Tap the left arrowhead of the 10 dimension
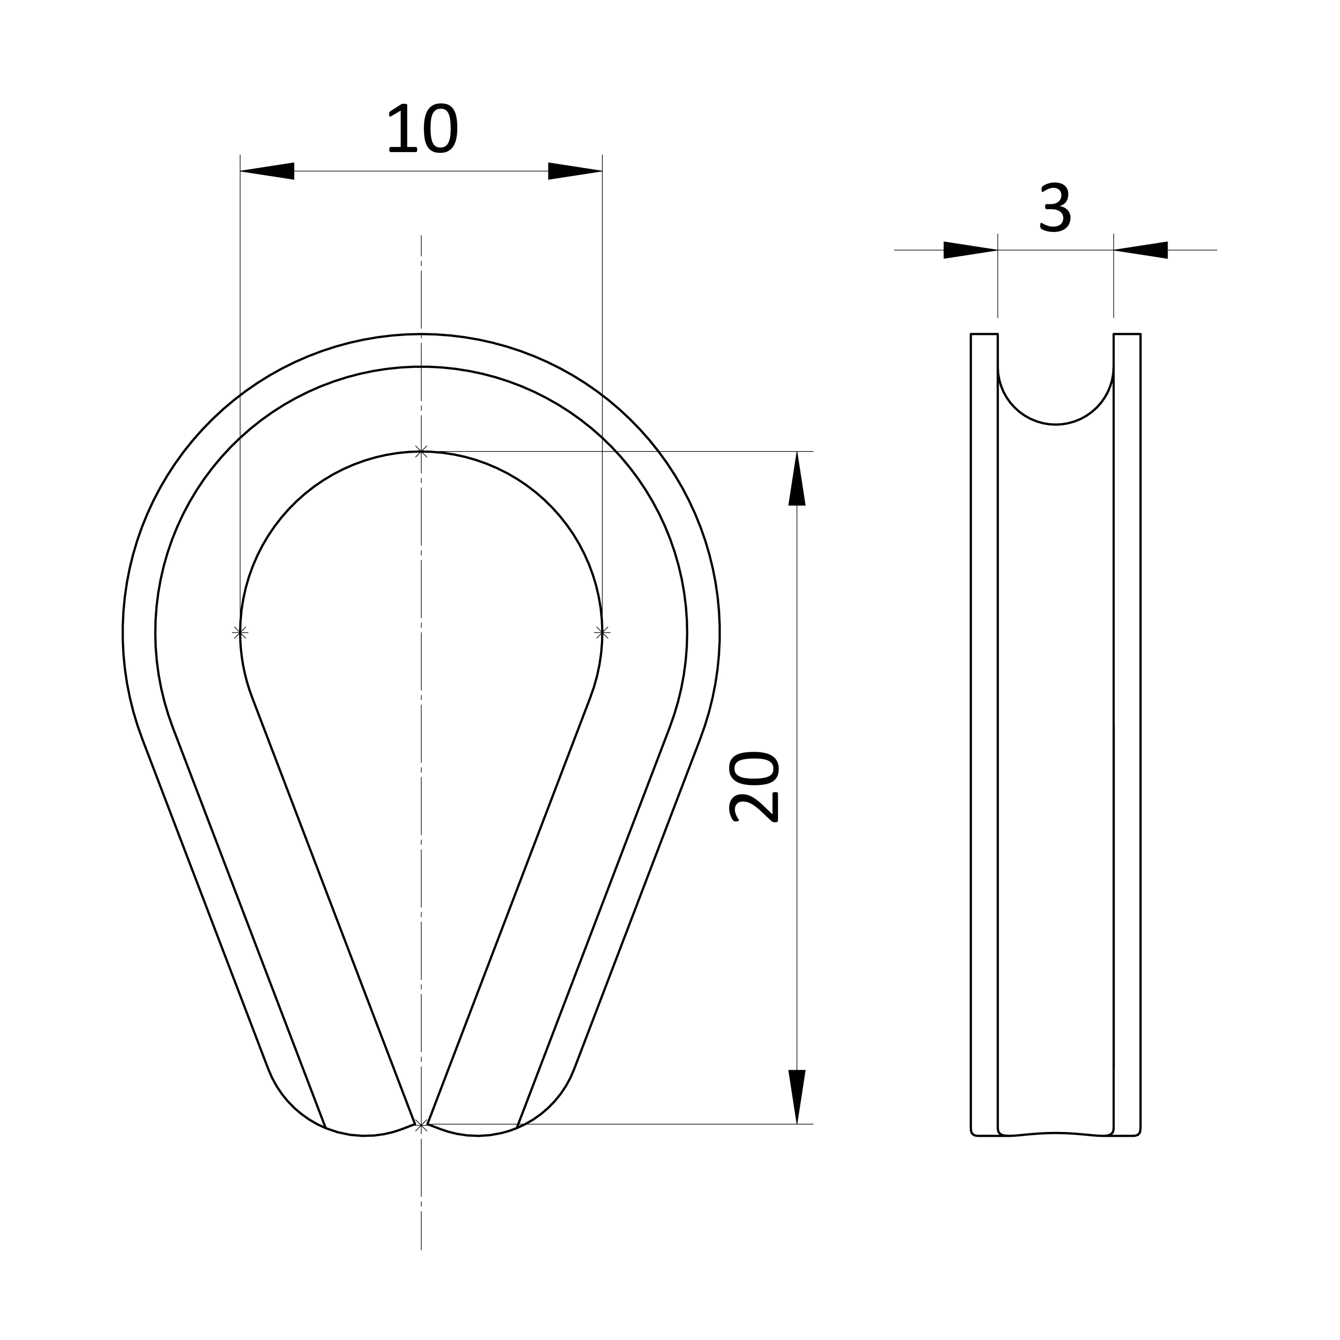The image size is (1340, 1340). pos(267,171)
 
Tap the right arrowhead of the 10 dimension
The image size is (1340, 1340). pos(575,171)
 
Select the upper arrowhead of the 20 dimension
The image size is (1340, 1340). pos(797,479)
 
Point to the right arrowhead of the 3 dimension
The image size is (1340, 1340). pos(1141,250)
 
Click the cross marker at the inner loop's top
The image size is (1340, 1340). pos(421,452)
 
